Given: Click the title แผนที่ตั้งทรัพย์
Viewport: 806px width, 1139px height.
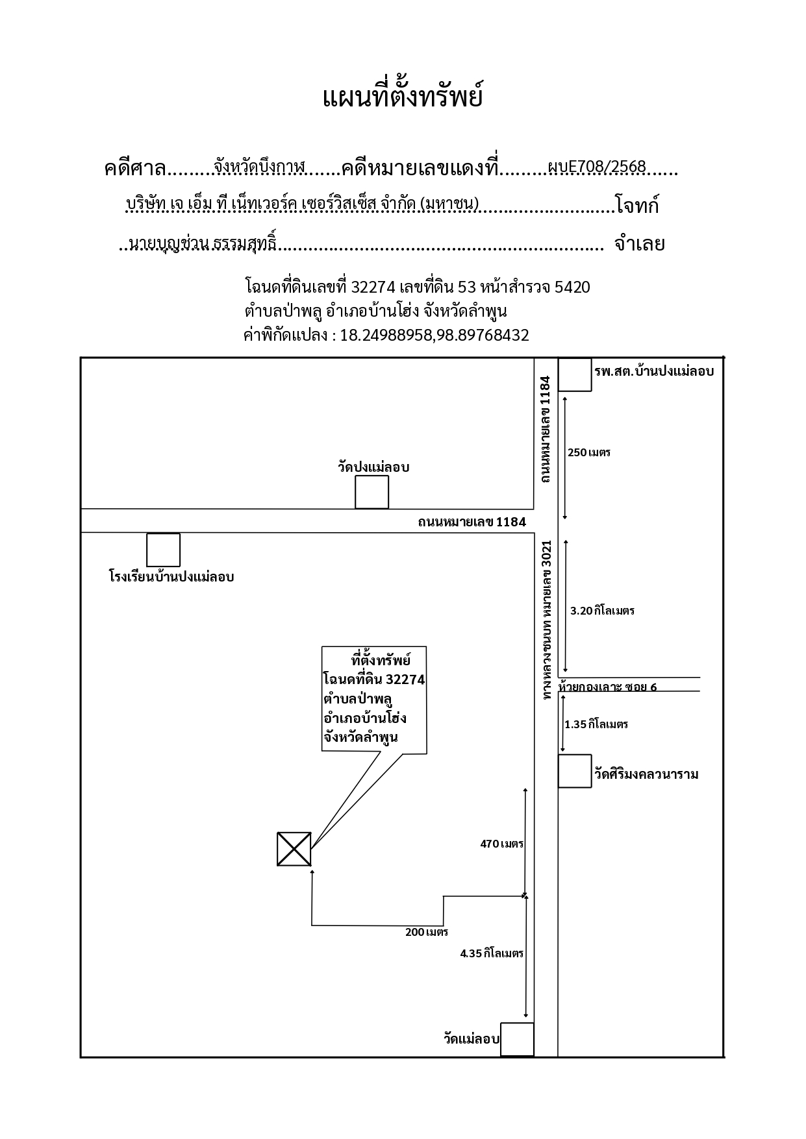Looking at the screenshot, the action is (x=403, y=97).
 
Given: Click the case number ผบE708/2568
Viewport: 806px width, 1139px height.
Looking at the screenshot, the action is (x=597, y=167).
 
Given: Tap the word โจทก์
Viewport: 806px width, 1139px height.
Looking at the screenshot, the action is (x=638, y=206).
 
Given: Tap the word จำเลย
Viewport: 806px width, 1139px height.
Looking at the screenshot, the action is (x=639, y=244).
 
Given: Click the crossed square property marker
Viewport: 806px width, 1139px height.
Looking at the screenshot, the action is (x=294, y=849).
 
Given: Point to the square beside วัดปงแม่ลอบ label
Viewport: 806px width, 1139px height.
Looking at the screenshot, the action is (x=372, y=492).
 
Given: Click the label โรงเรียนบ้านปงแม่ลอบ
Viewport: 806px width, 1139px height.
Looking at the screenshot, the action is (x=171, y=576).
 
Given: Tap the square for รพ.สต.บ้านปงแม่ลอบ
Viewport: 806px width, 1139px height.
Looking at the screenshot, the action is (x=575, y=374).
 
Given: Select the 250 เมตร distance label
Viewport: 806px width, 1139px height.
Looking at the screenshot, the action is (x=589, y=452).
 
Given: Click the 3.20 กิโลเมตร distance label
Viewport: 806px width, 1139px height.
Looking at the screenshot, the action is (x=602, y=611).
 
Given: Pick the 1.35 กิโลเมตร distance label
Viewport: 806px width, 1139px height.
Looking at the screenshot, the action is (x=596, y=724).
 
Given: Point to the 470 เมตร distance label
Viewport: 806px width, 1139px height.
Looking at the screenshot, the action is (x=501, y=844).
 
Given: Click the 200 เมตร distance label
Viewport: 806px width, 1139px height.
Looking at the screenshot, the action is (x=427, y=932).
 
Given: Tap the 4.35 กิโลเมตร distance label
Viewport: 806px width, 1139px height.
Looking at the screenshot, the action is (x=492, y=953).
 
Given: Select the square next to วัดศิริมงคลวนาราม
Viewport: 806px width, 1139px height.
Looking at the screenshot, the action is (x=575, y=771).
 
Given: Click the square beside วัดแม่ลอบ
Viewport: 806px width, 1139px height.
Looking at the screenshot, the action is (x=517, y=1040).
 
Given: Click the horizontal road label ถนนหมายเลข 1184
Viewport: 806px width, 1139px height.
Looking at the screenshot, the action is (x=472, y=522).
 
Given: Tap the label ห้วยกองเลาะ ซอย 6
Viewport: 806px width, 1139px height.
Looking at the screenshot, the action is (x=608, y=687).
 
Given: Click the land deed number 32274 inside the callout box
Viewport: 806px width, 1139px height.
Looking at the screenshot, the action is (x=405, y=680).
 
